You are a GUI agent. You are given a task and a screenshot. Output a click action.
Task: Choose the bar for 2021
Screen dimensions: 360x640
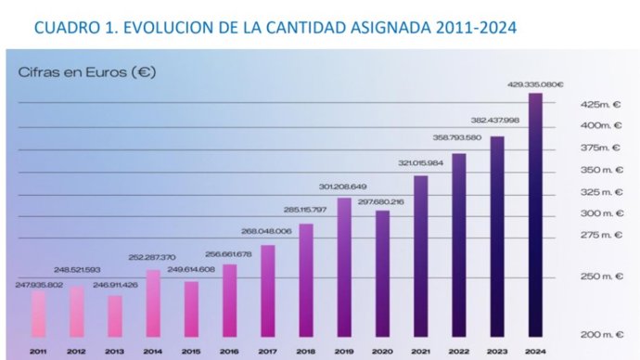tap(420, 255)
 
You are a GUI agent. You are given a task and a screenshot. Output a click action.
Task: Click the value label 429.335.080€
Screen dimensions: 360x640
tap(535, 84)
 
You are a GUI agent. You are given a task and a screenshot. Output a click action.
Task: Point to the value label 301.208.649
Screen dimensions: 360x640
tap(343, 186)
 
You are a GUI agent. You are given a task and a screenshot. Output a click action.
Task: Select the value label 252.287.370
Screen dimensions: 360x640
tap(153, 257)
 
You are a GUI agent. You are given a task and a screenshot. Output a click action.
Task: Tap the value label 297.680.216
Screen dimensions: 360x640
tap(381, 201)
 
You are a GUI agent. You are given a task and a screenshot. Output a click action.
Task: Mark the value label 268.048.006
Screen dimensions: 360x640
tap(267, 231)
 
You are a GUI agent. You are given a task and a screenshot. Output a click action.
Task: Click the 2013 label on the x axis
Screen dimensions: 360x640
tap(115, 352)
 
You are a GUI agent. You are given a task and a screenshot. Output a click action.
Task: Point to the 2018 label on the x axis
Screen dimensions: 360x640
tap(305, 352)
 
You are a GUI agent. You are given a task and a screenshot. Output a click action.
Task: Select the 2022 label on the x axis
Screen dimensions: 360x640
tap(458, 352)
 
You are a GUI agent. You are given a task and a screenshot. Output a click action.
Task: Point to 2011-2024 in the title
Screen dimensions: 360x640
tap(472, 29)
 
